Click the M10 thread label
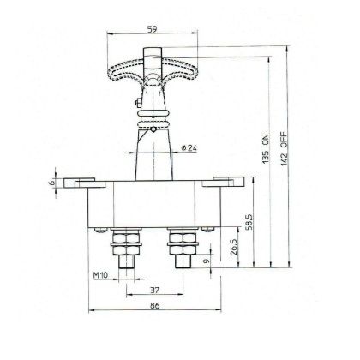100,276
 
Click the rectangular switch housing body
153,206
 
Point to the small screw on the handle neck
135,106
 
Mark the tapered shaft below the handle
154,154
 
